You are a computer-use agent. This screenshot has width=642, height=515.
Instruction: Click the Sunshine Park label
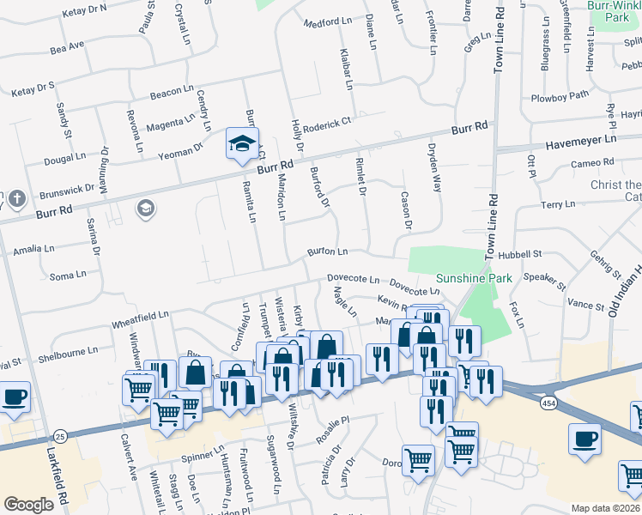[x=474, y=278]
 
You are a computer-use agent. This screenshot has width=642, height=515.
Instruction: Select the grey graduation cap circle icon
[x=145, y=209]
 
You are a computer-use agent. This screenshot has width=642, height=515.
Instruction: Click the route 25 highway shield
[x=59, y=437]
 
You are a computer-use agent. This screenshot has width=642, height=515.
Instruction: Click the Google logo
[x=28, y=505]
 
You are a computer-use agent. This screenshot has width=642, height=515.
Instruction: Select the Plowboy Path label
[x=560, y=95]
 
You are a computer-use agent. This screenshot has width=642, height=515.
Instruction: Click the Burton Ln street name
[x=328, y=252]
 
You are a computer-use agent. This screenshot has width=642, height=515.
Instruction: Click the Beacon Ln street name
[x=171, y=91]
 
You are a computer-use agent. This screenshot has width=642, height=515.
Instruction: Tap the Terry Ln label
[x=558, y=204]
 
